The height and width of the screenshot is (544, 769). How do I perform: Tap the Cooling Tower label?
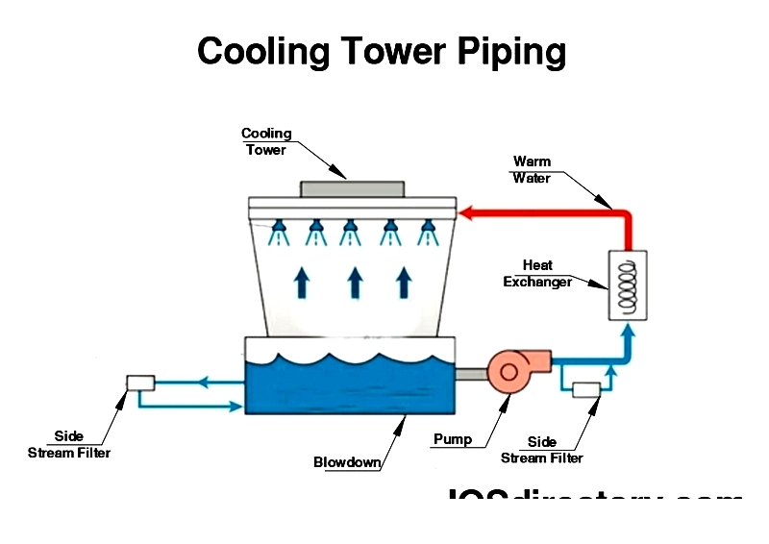coord(265,141)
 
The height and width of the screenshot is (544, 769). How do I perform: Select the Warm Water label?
coord(532,169)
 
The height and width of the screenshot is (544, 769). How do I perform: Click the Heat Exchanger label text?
coord(537,274)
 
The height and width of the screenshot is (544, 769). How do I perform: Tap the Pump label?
coord(453,439)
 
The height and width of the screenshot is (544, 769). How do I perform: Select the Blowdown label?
coord(347,462)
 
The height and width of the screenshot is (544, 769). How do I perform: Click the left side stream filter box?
coord(140,383)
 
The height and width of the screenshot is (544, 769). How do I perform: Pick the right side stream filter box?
coord(585,389)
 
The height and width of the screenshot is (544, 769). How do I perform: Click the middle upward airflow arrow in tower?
coord(355,282)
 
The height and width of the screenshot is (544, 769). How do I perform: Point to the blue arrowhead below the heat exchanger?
coord(629,332)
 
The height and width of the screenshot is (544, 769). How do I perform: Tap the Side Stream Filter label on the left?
coord(69,444)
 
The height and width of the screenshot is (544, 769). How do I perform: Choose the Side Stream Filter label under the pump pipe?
coord(542,450)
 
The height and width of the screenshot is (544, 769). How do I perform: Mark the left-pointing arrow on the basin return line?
coord(204,382)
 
